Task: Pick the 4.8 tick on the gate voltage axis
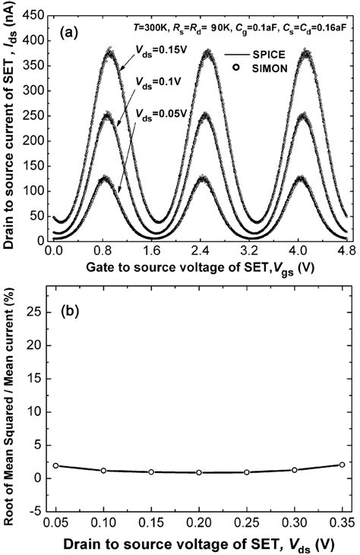point(346,249)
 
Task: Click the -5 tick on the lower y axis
point(39,512)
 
